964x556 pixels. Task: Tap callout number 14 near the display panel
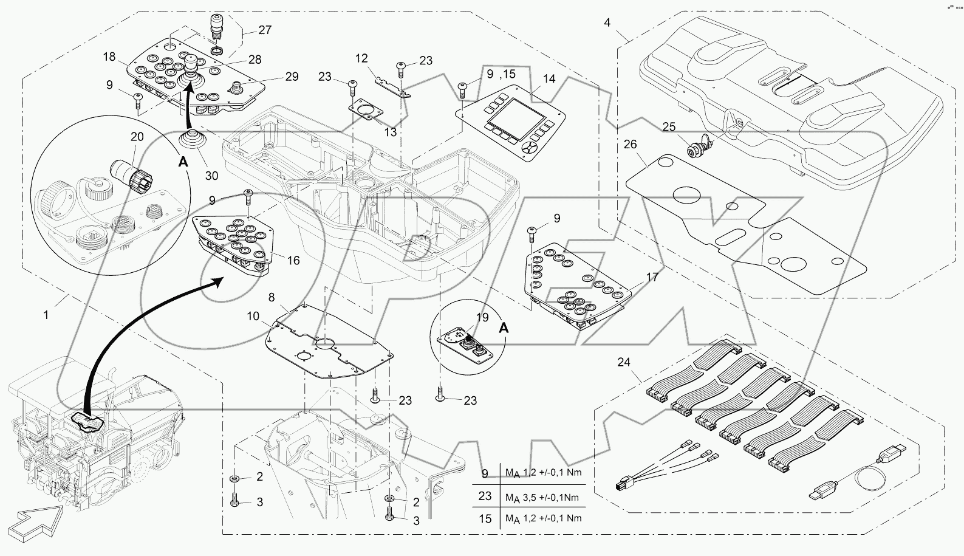pos(549,79)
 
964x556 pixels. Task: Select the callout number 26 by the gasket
pos(631,145)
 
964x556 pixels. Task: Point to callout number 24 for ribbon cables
pos(624,363)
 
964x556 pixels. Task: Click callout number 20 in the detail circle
pos(137,137)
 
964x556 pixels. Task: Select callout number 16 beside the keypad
pos(293,261)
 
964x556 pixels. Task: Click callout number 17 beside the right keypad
pos(652,278)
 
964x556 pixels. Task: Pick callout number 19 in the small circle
pos(482,317)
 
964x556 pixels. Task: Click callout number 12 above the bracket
pos(361,58)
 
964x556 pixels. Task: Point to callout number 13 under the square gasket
pos(391,132)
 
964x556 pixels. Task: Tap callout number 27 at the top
pos(265,29)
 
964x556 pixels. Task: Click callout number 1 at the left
pos(46,315)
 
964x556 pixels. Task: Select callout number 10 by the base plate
pos(253,316)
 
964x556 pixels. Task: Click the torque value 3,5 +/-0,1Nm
pos(542,498)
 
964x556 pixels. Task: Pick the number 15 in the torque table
pos(485,518)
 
